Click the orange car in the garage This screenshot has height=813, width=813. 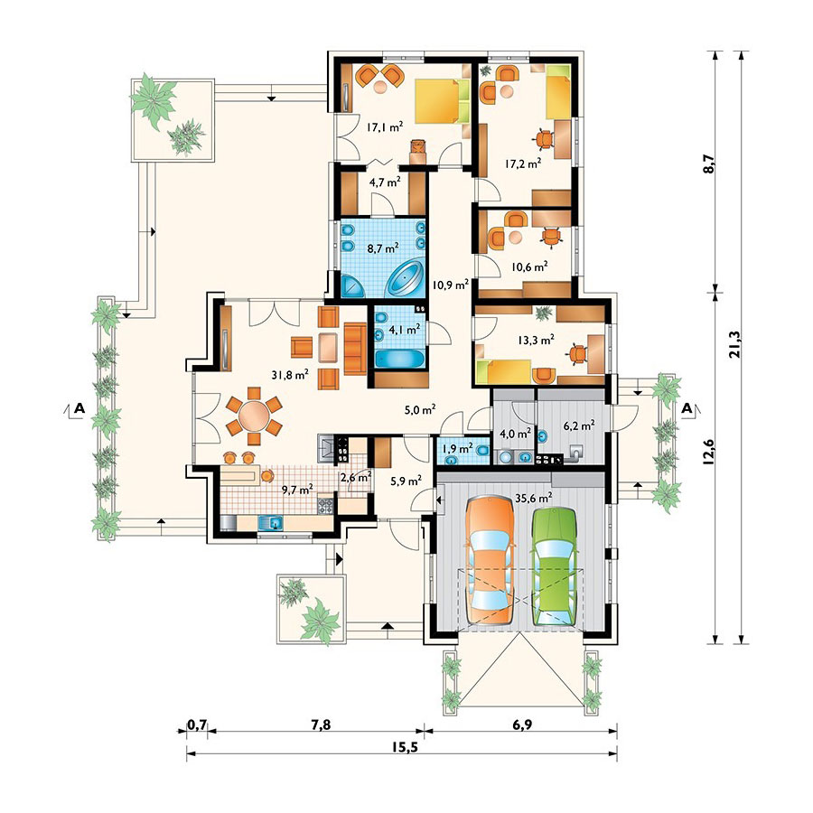490,560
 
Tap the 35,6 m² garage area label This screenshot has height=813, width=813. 534,499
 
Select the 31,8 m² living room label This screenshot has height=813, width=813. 290,374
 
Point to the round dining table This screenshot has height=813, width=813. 254,416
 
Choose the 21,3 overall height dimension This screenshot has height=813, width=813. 734,344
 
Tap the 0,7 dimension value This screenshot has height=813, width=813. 197,724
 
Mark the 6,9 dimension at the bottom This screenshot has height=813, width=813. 522,724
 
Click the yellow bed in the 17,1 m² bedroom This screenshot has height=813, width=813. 443,101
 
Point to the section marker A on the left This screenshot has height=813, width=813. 79,408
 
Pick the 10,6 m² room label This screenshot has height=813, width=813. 529,267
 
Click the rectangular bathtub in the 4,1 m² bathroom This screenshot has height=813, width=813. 399,360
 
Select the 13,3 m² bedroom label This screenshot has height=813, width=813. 536,341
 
